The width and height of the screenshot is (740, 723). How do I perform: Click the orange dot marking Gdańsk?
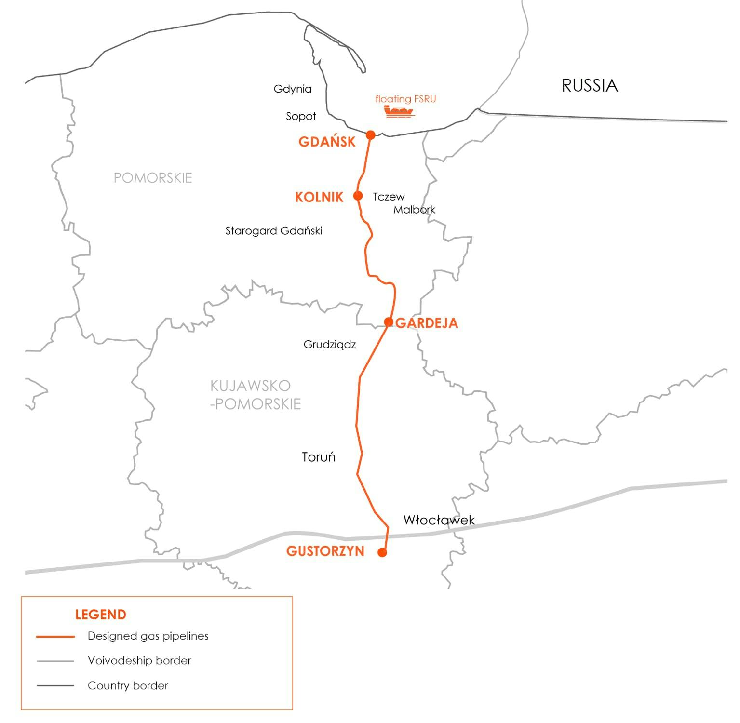[x=370, y=134]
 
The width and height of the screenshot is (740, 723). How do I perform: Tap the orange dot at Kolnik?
[x=358, y=195]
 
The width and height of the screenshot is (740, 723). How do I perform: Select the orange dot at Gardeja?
[x=389, y=321]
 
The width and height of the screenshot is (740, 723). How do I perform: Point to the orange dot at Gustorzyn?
[x=382, y=552]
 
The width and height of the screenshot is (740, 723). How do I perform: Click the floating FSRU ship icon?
[x=399, y=112]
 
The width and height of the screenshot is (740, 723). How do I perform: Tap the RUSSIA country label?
[x=590, y=85]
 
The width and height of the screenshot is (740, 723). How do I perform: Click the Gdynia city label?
[x=293, y=89]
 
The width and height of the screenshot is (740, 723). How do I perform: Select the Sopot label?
[x=301, y=116]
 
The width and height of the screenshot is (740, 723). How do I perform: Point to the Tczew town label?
[x=389, y=197]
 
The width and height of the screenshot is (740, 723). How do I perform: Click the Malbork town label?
[x=414, y=210]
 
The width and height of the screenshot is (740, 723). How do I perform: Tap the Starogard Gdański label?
[x=273, y=231]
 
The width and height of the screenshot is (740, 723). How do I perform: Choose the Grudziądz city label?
[x=330, y=345]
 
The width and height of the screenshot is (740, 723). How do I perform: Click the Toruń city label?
[x=319, y=457]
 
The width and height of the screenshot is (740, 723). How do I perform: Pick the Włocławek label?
[x=439, y=520]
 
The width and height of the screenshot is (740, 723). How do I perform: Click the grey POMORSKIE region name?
[x=153, y=178]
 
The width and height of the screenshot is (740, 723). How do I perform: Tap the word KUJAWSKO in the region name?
[x=250, y=386]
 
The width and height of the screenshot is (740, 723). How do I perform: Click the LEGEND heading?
[x=100, y=615]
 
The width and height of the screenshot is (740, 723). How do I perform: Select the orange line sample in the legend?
[x=55, y=637]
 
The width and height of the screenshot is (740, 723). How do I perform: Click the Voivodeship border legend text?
[x=139, y=660]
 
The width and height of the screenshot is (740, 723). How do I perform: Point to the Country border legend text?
[x=128, y=685]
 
